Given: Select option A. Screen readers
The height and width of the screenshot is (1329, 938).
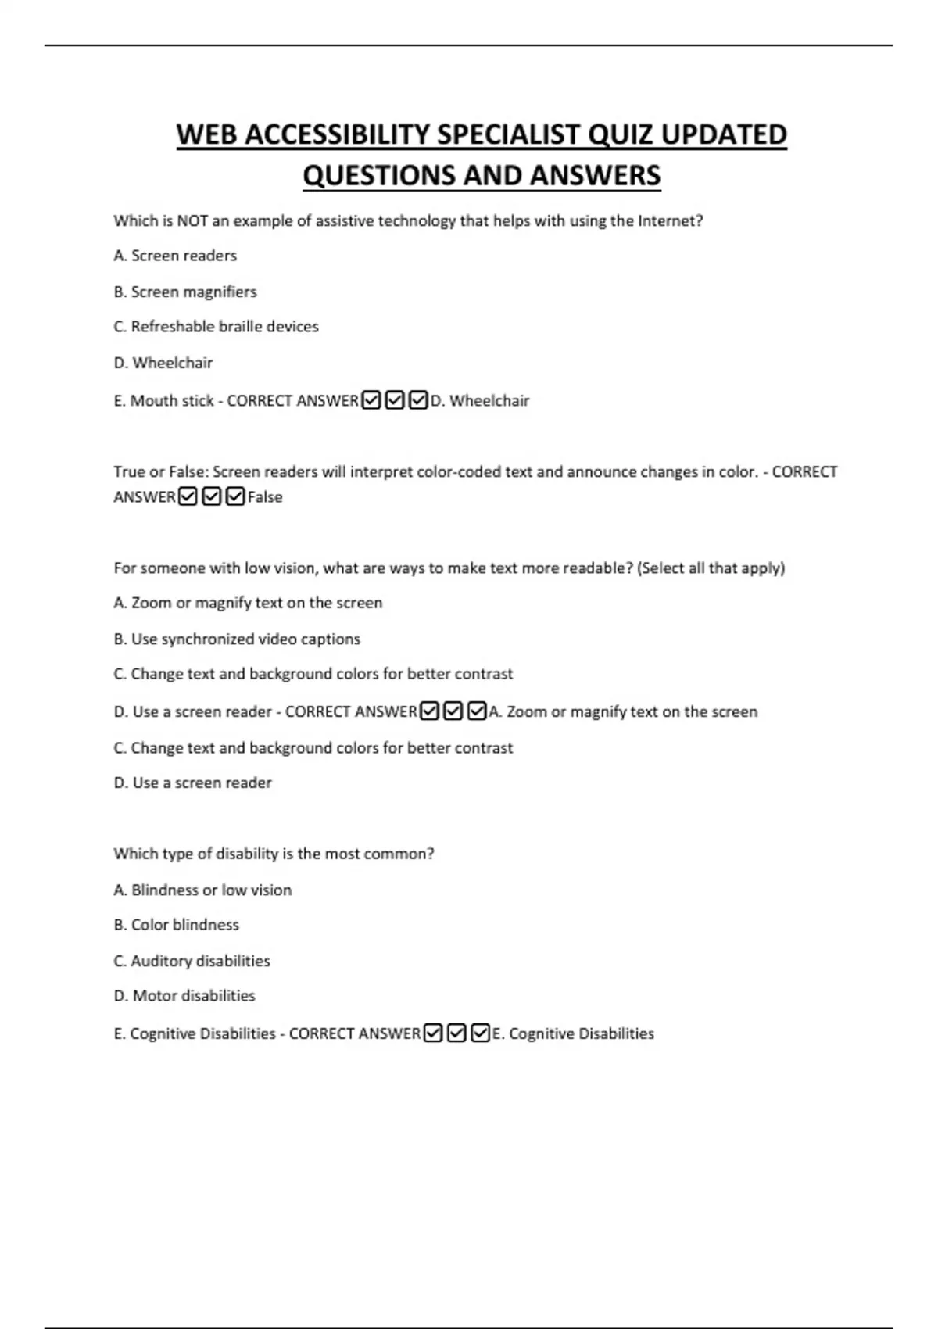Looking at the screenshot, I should pos(175,256).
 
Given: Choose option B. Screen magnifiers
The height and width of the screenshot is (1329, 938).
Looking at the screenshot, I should pos(185,292).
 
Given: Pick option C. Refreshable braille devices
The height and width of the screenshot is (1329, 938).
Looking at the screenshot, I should pos(217,327).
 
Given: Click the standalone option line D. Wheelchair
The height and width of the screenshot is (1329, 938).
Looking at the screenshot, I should pos(163,363).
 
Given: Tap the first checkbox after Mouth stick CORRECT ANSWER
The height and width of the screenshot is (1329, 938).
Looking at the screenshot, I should pos(371,401).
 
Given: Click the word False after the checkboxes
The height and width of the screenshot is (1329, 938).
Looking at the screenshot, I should pos(265,497).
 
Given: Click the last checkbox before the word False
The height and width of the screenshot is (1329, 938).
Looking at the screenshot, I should pos(235,497).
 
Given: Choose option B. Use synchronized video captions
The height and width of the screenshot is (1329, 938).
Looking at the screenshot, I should pos(237,639).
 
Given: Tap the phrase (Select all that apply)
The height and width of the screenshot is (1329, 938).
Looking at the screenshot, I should pos(711,568).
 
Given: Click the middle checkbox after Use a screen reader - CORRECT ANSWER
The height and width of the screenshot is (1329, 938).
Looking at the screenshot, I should pos(453,711).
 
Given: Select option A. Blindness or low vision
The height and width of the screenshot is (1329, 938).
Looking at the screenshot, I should pos(202,890).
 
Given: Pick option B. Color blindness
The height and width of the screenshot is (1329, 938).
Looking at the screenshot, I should pos(177,925).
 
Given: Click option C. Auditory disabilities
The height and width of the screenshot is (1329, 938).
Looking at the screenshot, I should pos(192,961).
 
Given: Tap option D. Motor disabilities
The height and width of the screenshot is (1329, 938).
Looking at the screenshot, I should pos(184,996).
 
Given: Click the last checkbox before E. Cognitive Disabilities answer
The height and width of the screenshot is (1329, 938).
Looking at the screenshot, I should pos(481,1033).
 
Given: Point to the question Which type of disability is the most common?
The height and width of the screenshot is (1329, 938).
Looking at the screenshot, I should pos(274,854).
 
